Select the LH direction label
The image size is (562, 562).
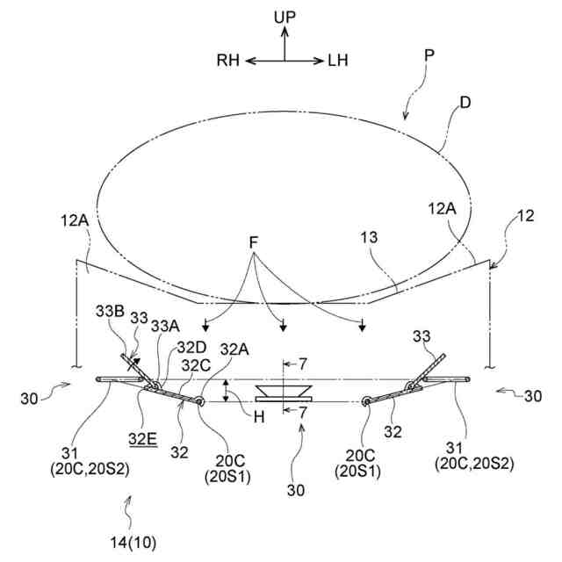coord(337,61)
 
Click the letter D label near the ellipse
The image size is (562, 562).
coord(465,104)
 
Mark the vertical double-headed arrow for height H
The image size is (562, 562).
coord(227,391)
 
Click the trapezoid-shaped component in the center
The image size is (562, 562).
coord(283,392)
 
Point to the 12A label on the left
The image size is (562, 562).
coord(76,223)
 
